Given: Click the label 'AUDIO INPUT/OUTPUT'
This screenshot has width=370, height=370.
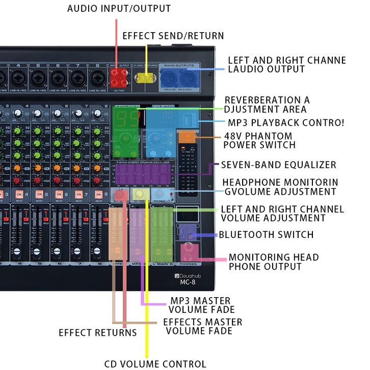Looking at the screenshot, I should point(119,9).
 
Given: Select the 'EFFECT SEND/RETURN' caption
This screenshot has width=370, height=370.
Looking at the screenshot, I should point(173,36).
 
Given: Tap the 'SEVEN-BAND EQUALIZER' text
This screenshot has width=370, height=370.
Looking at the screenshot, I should point(278,165).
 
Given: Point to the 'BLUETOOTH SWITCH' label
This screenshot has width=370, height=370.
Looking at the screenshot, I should point(266,234).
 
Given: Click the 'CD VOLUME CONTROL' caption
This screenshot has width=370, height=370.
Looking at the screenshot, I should point(155,364).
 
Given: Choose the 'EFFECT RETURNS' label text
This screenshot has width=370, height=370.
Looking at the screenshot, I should point(97,333).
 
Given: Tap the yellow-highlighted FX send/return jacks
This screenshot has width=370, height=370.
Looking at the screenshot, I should point(146,78).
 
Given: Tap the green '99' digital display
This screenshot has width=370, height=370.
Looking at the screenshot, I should point(125,119).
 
